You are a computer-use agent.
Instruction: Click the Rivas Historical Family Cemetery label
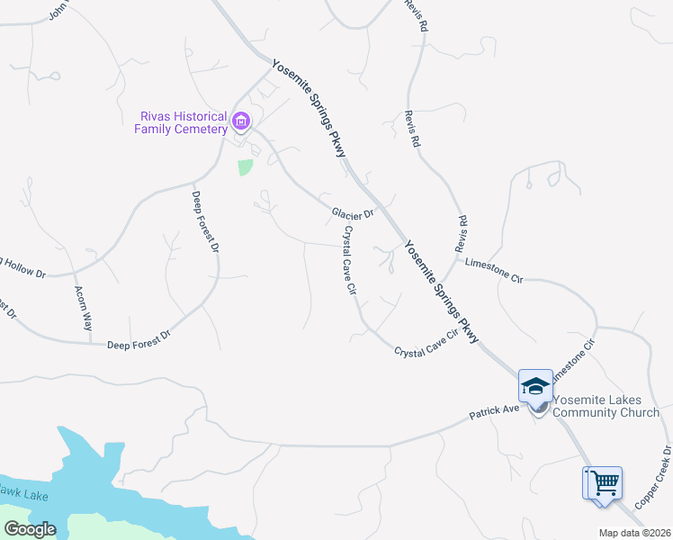tap(183, 122)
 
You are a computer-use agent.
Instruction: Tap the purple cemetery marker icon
tap(240, 121)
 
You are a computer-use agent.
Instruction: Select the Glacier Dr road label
tap(352, 214)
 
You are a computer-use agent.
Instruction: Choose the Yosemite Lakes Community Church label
tap(606, 407)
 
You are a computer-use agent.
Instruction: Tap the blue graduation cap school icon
tap(535, 385)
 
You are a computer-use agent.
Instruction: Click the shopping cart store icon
tap(603, 482)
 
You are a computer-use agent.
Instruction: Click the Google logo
tap(30, 529)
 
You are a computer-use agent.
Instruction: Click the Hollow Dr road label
tap(22, 265)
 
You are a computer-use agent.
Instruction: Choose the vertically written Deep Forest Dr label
tap(205, 220)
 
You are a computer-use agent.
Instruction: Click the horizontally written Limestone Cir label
tap(493, 271)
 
